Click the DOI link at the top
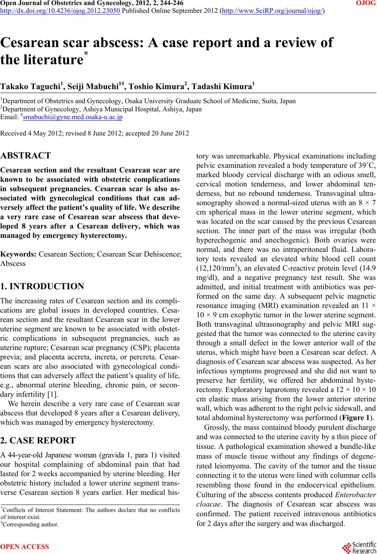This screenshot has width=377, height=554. pyautogui.click(x=60, y=11)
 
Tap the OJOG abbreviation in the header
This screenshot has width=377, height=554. pyautogui.click(x=366, y=4)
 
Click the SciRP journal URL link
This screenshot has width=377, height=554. pyautogui.click(x=272, y=11)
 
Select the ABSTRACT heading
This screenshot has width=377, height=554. pyautogui.click(x=26, y=156)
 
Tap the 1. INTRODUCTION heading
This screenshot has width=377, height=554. pyautogui.click(x=42, y=287)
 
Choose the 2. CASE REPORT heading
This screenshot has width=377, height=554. pyautogui.click(x=38, y=440)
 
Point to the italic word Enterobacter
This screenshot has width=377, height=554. pyautogui.click(x=355, y=495)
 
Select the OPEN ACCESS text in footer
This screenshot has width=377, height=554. pyautogui.click(x=25, y=547)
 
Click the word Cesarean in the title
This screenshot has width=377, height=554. pyautogui.click(x=37, y=42)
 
